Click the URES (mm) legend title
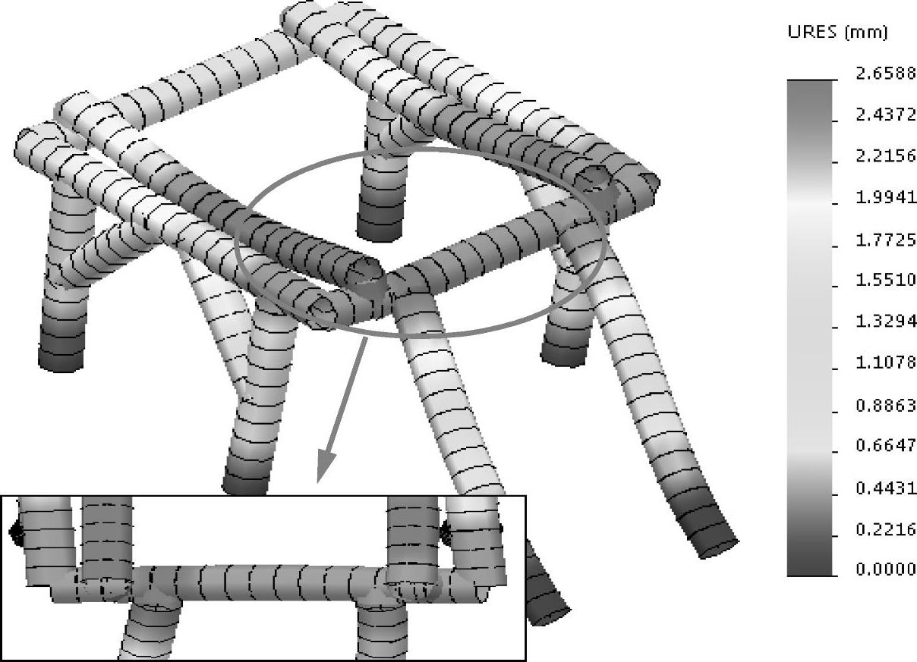click(837, 33)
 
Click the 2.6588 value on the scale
click(886, 74)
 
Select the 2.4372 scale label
click(886, 115)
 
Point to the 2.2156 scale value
click(886, 156)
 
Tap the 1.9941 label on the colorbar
click(886, 198)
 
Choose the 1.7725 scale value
click(886, 240)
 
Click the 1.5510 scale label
click(886, 280)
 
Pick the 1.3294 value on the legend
click(886, 322)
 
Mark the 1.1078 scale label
click(886, 362)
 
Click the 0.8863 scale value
click(886, 405)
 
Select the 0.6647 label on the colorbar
click(886, 445)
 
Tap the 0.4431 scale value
click(886, 488)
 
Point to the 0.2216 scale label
click(886, 529)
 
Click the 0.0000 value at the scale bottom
click(886, 569)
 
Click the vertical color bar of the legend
click(810, 328)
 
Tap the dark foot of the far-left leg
click(61, 352)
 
